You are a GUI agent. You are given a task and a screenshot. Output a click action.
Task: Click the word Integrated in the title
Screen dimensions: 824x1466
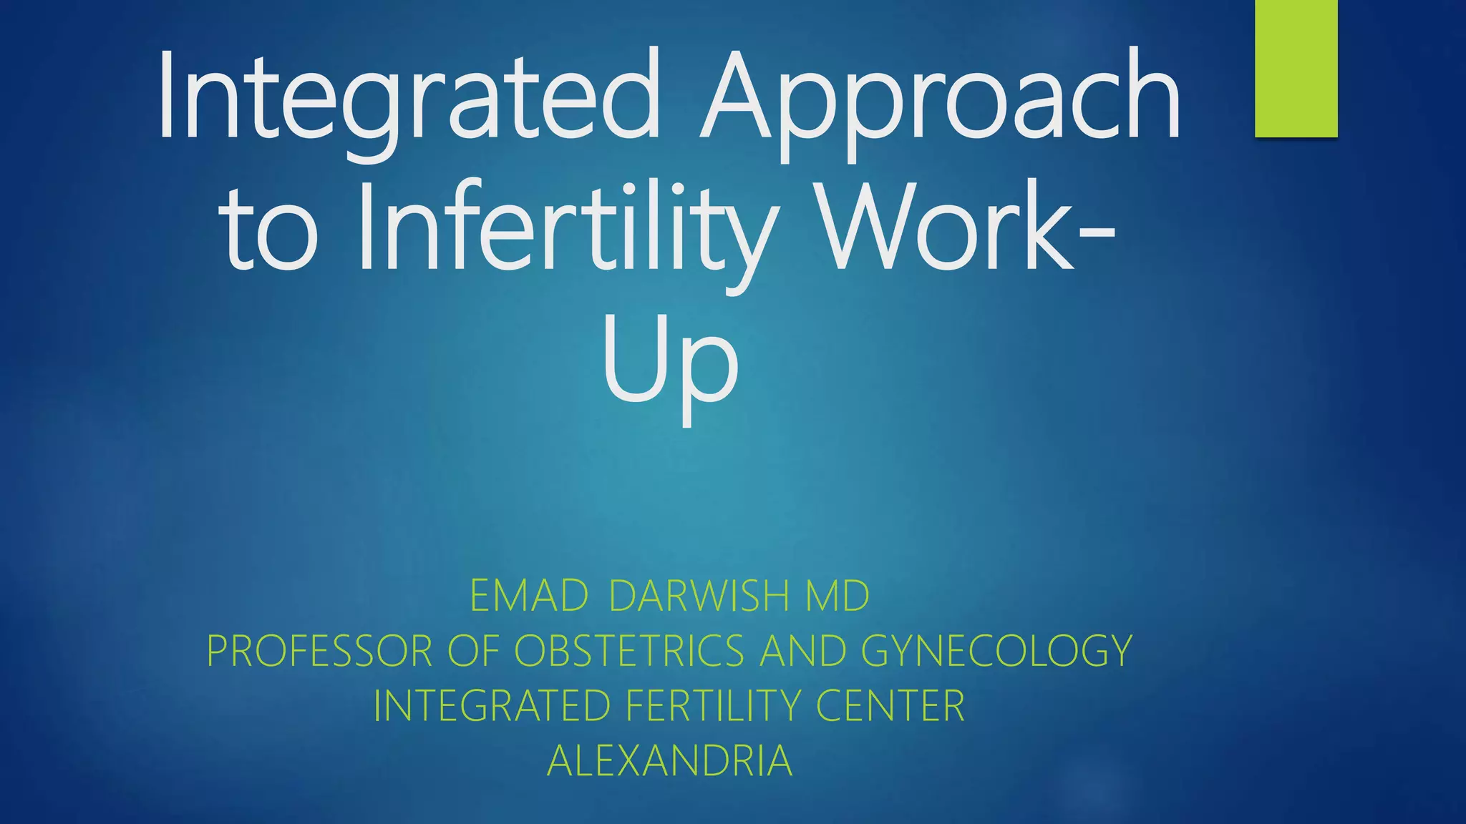tap(408, 97)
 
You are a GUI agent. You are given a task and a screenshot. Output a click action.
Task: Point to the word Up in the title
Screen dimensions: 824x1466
tap(669, 365)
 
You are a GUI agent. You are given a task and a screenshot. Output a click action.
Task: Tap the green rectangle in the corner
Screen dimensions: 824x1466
tap(1296, 68)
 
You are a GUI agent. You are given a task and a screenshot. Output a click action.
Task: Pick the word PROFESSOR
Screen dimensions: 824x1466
tap(319, 651)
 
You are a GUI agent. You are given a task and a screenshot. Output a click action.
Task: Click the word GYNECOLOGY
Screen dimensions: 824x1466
tap(996, 651)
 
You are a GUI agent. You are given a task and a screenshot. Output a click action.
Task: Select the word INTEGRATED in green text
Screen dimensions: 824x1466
tap(491, 706)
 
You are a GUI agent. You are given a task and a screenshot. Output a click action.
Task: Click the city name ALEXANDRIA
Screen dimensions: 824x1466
tap(669, 761)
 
